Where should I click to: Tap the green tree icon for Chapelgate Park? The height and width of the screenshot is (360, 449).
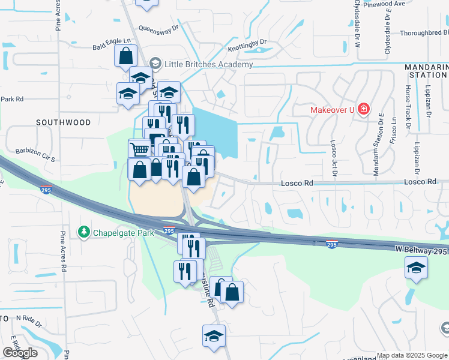[83, 232]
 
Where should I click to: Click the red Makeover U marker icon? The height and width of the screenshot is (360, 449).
[363, 109]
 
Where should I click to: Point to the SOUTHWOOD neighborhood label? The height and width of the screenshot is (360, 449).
[63, 122]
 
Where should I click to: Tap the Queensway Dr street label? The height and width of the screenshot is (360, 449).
[158, 28]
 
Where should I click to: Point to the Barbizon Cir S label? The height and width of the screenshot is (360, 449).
[35, 155]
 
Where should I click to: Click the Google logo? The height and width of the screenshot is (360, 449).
[19, 353]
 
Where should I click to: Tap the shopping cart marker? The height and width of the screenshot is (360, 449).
[139, 149]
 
